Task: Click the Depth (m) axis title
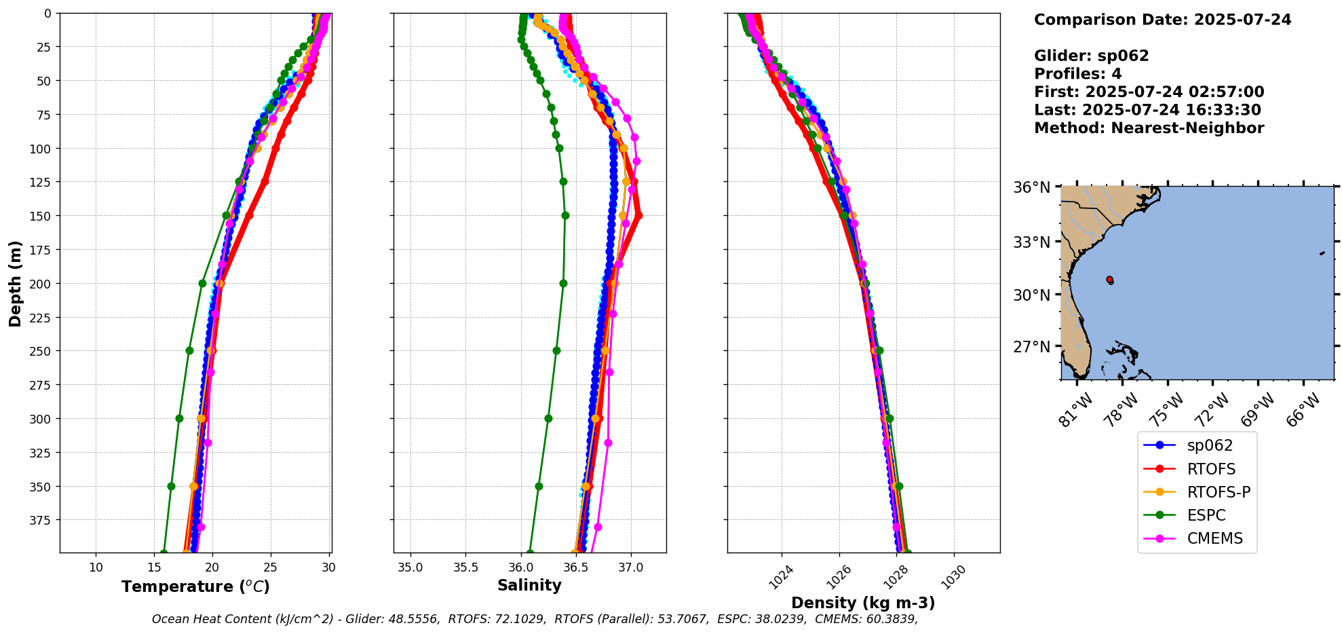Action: [15, 283]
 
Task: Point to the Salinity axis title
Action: [529, 585]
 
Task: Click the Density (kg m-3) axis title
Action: [863, 603]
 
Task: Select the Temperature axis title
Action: [195, 586]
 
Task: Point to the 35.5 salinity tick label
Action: [465, 567]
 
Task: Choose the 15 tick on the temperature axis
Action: [154, 567]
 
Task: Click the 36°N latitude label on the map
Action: [1031, 187]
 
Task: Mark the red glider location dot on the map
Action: [1109, 280]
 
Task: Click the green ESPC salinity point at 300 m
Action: [548, 418]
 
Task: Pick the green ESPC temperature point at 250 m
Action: [189, 351]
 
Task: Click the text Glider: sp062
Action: [1091, 56]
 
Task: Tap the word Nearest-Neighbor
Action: [1187, 128]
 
